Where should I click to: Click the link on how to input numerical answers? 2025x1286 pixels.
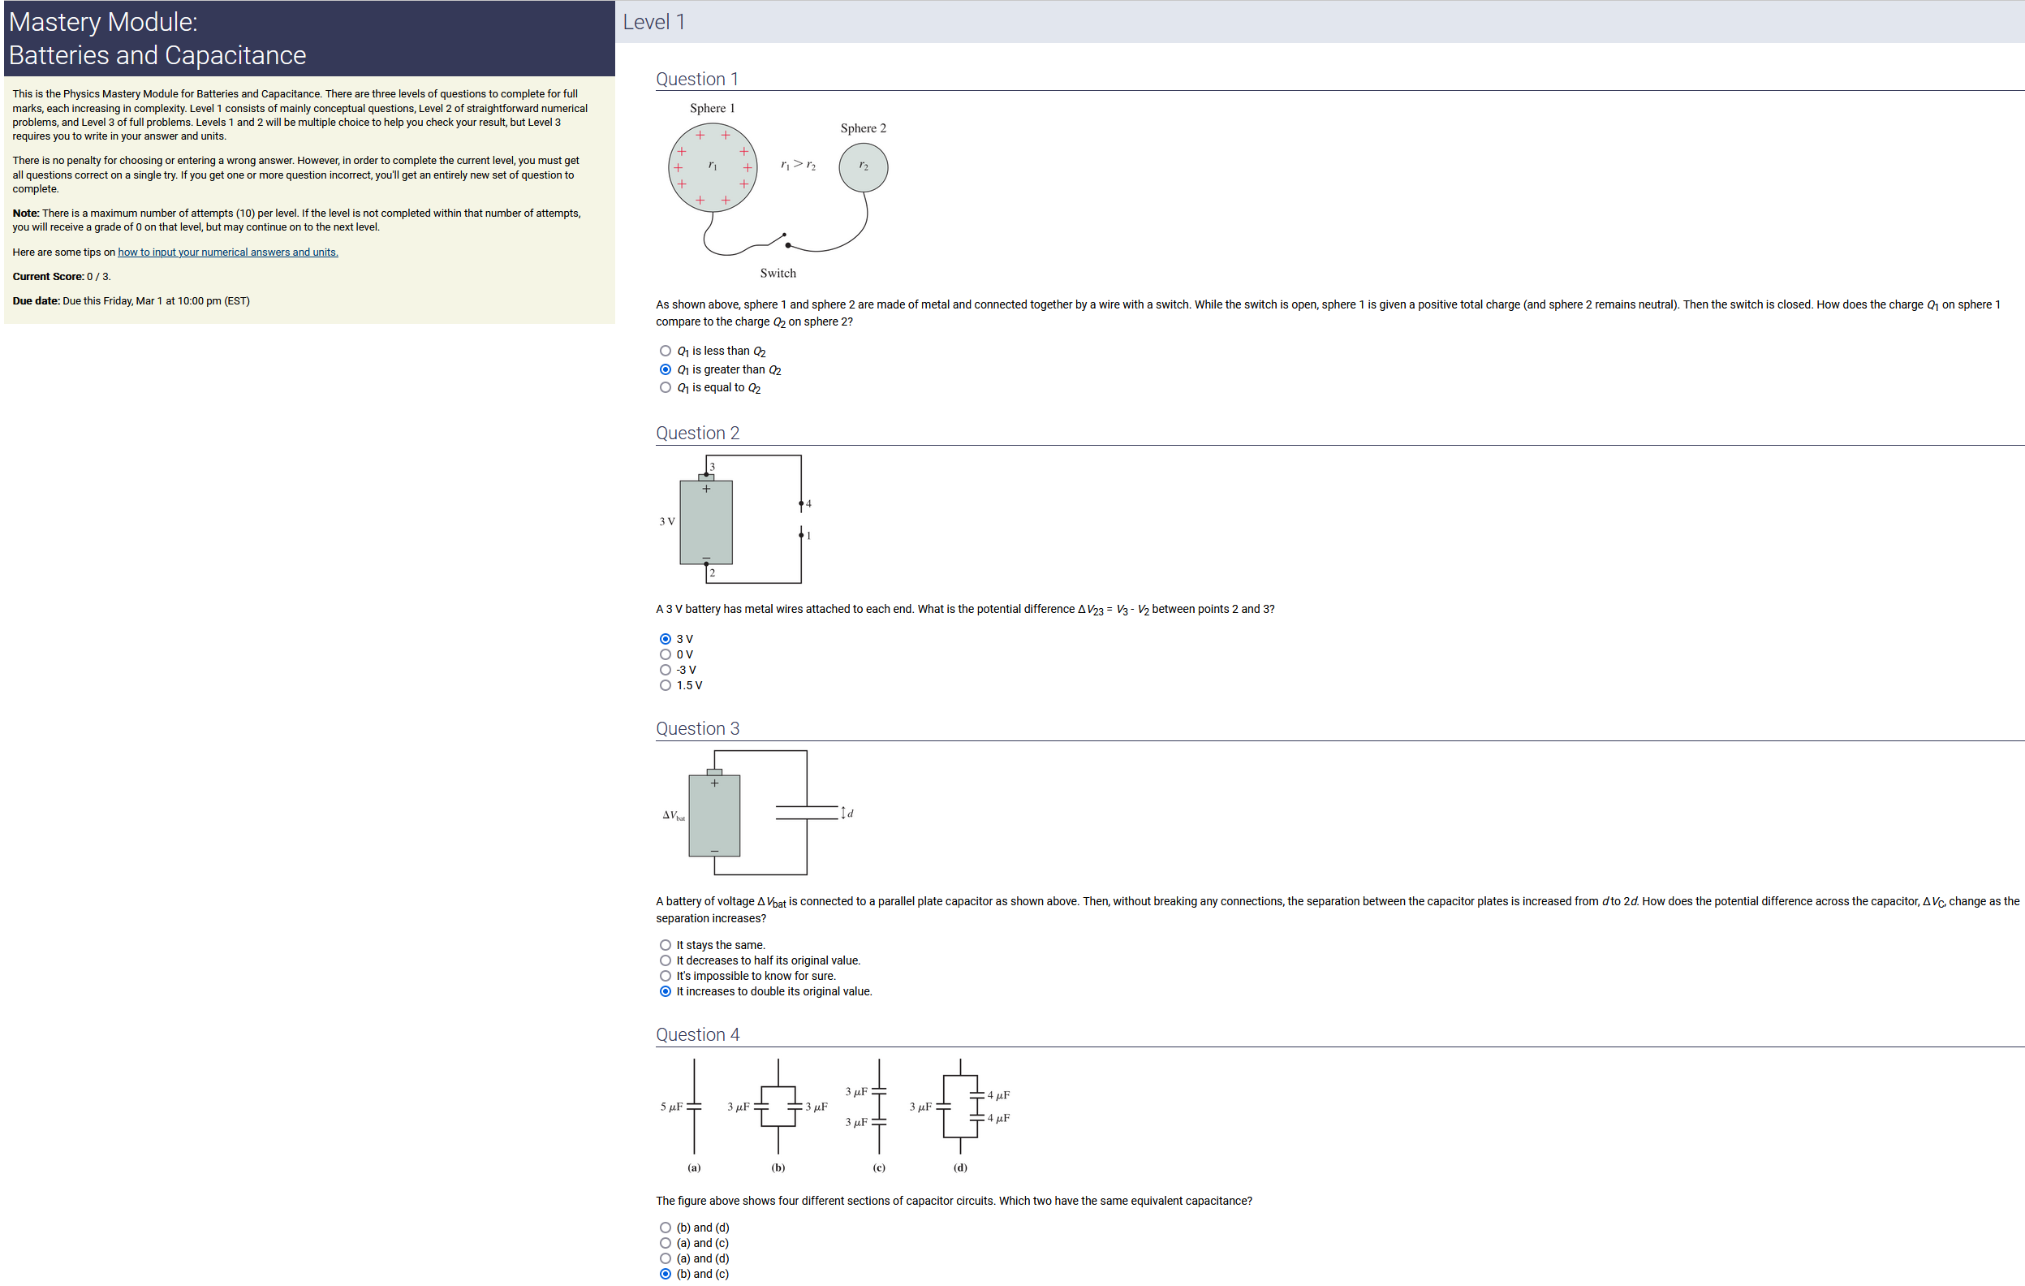228,252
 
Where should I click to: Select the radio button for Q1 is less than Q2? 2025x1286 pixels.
666,351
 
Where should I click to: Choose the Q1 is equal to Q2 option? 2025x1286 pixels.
666,388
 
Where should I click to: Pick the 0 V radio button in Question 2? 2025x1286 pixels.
666,654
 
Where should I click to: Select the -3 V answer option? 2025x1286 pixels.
666,671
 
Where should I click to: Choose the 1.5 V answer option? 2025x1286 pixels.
666,685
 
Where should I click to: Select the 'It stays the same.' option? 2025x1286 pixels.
666,945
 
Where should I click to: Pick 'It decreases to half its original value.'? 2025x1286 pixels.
666,960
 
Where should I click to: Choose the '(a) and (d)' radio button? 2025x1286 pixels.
666,1258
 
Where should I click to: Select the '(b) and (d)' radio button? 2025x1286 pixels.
666,1228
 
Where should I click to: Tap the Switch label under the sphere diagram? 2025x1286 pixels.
778,274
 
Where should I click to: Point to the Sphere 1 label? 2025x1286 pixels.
713,109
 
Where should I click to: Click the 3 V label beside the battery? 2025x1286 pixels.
667,521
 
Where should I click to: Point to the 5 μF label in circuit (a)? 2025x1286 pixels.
671,1107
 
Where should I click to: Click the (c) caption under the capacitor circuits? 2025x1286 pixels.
879,1167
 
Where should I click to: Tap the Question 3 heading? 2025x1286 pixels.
698,728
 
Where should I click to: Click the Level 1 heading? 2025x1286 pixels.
654,22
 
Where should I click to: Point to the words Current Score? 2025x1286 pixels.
48,277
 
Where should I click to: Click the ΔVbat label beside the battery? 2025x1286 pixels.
674,815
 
